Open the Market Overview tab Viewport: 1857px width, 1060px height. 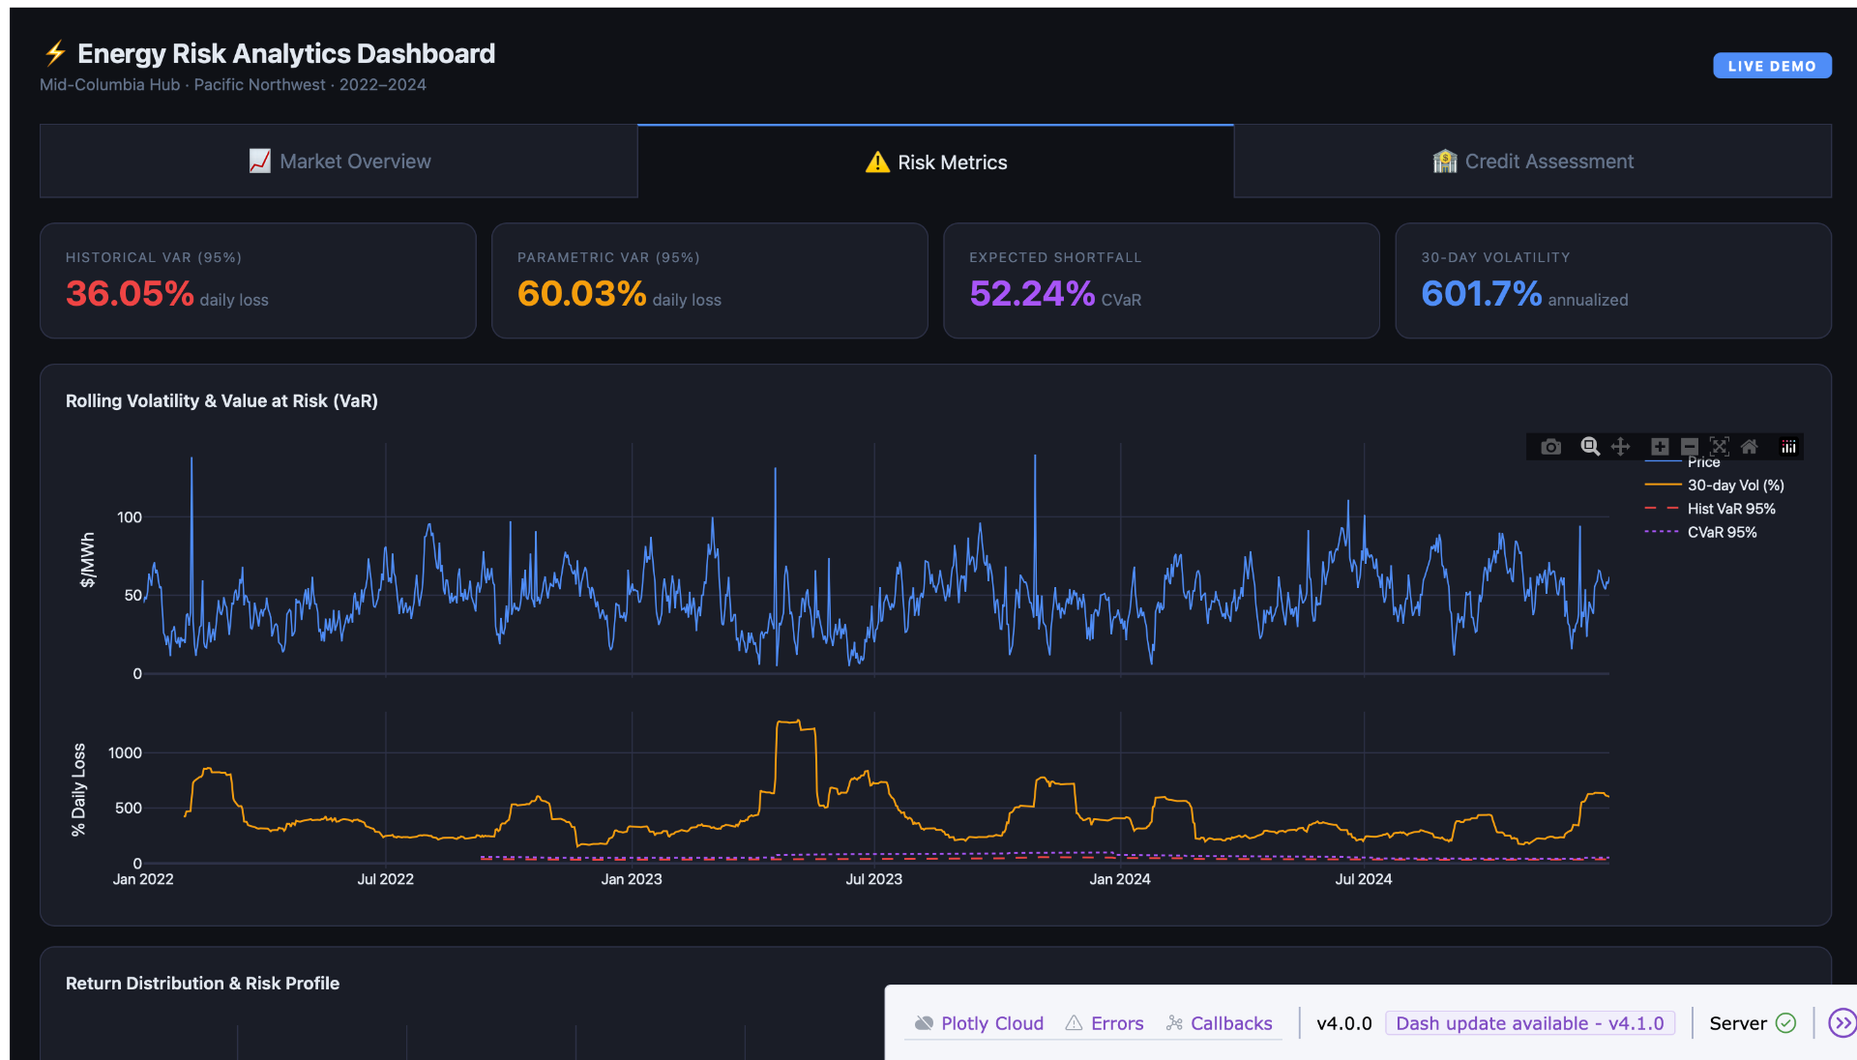(x=339, y=162)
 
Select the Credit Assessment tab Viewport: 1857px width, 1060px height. (x=1533, y=162)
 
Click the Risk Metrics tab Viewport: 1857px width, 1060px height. (x=936, y=162)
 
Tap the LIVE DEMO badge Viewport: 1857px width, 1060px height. (x=1772, y=66)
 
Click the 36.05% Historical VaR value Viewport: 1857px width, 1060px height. (x=130, y=293)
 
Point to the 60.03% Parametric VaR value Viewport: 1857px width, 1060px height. (x=581, y=293)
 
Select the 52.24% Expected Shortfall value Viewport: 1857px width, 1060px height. (x=1032, y=293)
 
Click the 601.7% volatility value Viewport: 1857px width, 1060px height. (x=1481, y=293)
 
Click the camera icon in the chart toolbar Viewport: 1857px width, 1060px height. (x=1551, y=447)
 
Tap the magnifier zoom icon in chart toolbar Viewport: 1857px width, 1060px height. (x=1590, y=447)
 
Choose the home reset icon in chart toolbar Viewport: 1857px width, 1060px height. (x=1750, y=447)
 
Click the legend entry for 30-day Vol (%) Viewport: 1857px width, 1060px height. (x=1735, y=486)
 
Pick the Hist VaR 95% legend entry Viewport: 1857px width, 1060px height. (x=1731, y=509)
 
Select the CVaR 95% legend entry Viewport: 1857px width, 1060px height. (x=1722, y=532)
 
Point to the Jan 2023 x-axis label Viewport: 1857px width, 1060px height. (x=632, y=879)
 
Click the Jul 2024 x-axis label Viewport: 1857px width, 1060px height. (x=1364, y=879)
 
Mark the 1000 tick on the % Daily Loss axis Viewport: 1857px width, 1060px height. (x=125, y=752)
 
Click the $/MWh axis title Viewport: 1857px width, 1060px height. (x=88, y=560)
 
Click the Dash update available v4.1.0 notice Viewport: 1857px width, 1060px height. (x=1529, y=1023)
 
